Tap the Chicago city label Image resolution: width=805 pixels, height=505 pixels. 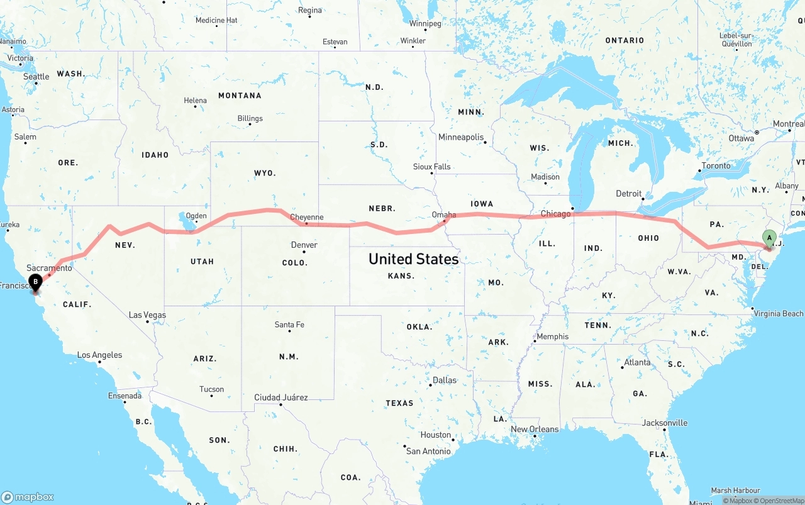[x=555, y=214]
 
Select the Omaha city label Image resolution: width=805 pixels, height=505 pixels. [x=444, y=214]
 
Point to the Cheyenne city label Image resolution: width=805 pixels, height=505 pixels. [x=308, y=218]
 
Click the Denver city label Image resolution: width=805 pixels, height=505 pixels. [x=304, y=245]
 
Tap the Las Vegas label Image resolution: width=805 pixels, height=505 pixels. [x=147, y=315]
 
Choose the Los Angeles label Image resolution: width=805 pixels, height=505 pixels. [x=99, y=355]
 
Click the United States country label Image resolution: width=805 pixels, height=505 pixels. [x=413, y=258]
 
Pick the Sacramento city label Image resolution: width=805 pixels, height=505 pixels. [x=49, y=268]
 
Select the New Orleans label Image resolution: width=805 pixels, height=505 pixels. [x=535, y=429]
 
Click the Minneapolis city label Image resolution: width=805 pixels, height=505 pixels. [x=461, y=137]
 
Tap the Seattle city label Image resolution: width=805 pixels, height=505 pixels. [x=36, y=77]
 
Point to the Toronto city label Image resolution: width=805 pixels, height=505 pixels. [x=716, y=166]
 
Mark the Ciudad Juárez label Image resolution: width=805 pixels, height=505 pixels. [x=281, y=397]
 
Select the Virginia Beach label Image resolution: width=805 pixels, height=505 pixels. [x=779, y=313]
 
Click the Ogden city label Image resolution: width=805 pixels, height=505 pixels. [x=196, y=216]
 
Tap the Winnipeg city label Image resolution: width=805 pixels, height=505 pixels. [x=425, y=24]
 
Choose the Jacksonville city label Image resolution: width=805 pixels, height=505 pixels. [x=665, y=423]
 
